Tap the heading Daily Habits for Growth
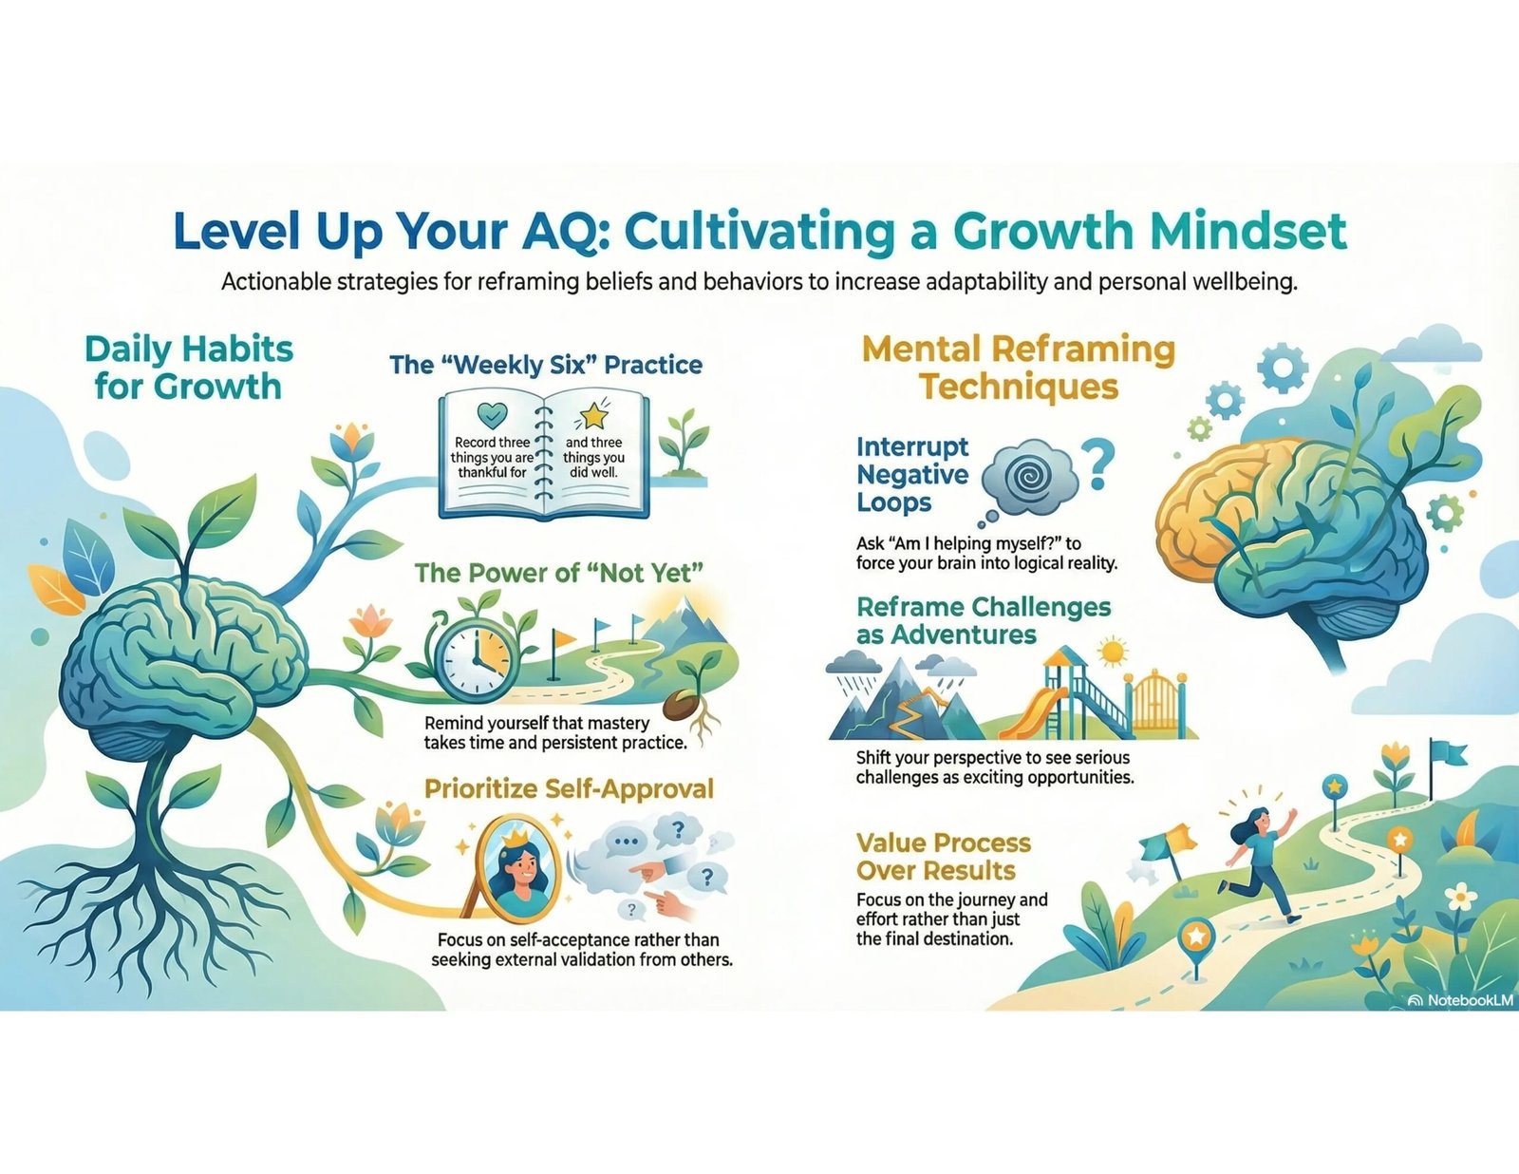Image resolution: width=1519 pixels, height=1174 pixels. click(x=188, y=368)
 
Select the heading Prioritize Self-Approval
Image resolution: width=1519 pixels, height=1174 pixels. click(x=569, y=788)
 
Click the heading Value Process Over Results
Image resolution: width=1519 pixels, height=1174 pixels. click(x=944, y=857)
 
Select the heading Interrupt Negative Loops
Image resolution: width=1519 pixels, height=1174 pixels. click(x=912, y=474)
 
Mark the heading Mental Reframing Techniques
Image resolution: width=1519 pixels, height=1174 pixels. click(x=1018, y=368)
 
